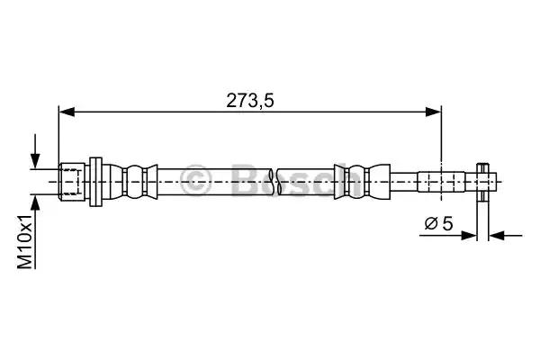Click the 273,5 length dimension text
click(x=250, y=101)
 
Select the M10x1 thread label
click(x=25, y=241)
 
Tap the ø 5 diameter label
click(x=439, y=224)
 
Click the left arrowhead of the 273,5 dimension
click(x=67, y=112)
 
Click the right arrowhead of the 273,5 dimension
click(x=433, y=112)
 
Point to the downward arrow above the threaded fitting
click(x=35, y=151)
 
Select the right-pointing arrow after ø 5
click(x=448, y=236)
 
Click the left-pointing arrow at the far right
click(x=506, y=236)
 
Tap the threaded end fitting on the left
click(x=72, y=182)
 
